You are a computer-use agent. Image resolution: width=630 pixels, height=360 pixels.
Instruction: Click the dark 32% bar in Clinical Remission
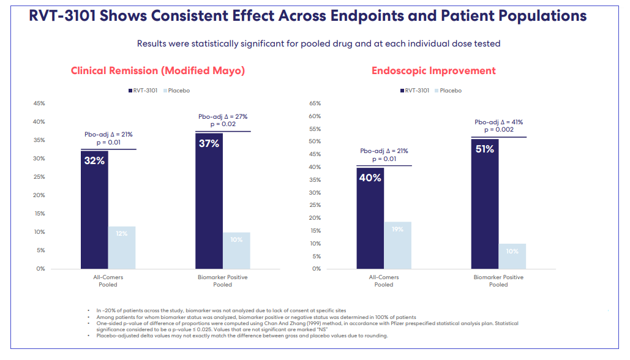(94, 211)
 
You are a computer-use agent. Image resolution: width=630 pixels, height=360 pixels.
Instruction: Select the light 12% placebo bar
(122, 247)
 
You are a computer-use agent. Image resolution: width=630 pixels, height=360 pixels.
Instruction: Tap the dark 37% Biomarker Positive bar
(209, 202)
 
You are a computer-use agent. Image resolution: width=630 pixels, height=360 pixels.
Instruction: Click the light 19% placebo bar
(397, 245)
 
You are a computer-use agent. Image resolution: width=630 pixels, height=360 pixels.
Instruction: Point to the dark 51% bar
(485, 204)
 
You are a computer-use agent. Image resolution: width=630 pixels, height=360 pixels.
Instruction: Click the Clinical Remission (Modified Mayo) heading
(158, 71)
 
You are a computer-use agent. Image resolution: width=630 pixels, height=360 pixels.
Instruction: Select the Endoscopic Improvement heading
(433, 71)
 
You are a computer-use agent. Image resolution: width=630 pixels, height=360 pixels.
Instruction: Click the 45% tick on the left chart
(39, 103)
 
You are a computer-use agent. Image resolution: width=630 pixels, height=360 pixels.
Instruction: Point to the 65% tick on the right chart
(315, 103)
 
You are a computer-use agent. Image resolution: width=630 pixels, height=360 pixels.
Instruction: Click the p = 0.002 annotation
(498, 130)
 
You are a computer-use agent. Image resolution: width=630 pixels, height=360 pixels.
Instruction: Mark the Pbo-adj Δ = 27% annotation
(223, 116)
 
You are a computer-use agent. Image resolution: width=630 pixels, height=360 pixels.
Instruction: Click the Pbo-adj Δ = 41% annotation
(498, 122)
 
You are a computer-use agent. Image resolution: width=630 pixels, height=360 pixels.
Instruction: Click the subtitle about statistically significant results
(318, 44)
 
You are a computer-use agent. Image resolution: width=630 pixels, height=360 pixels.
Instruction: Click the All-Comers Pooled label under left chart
(108, 281)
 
